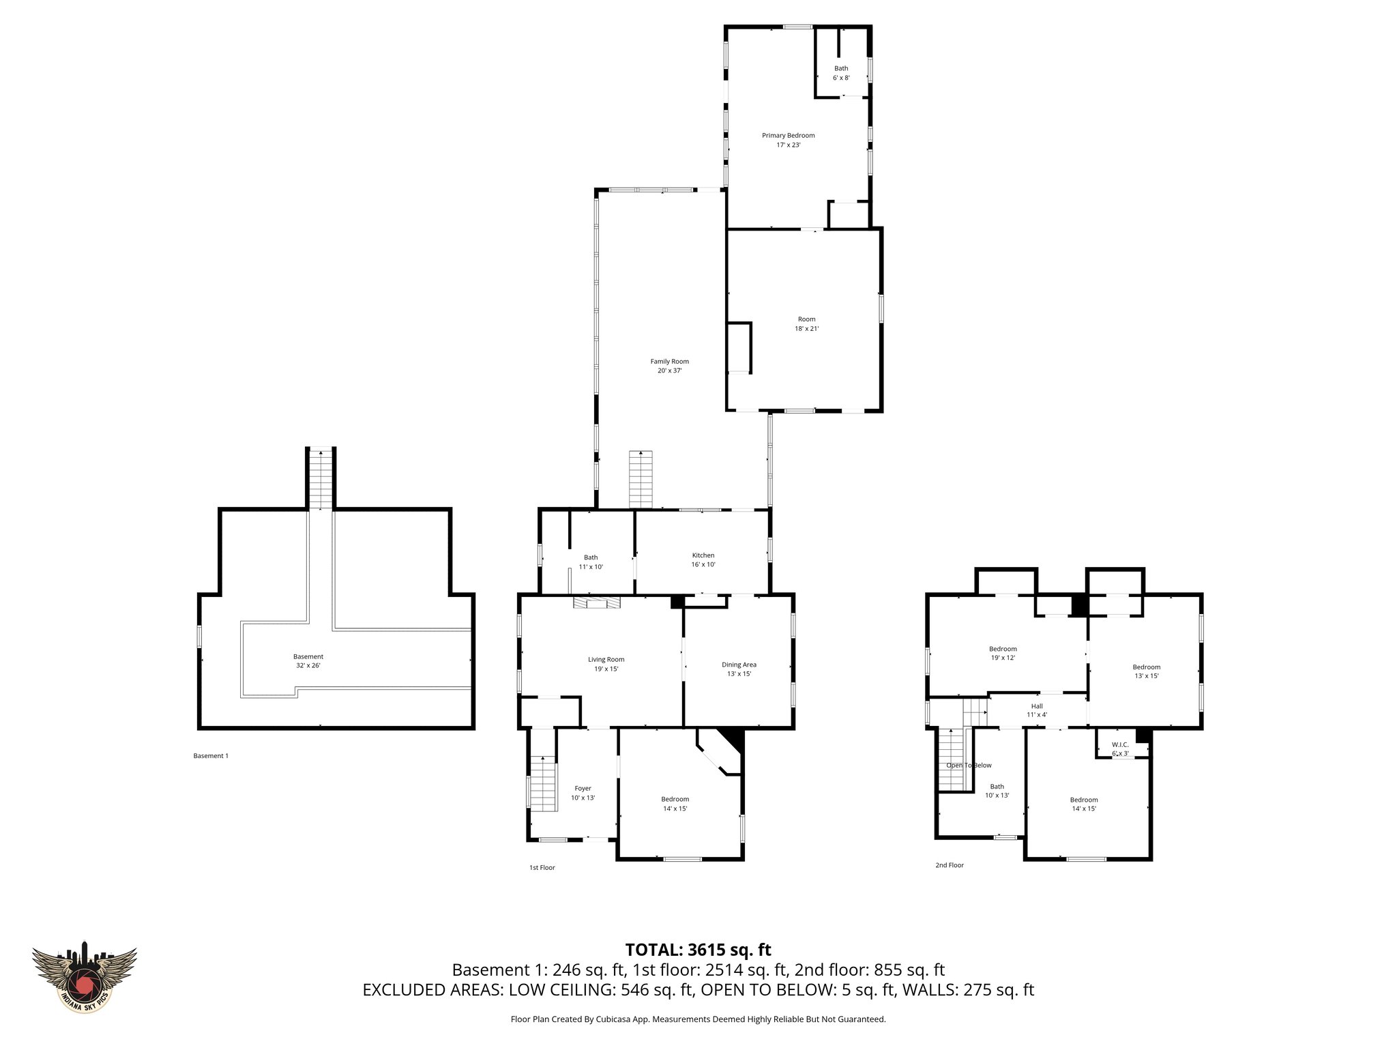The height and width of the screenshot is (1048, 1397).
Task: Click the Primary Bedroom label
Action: [x=788, y=140]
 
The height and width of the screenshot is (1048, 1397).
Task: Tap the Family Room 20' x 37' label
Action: [x=669, y=366]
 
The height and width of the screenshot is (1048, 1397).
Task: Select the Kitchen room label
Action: [x=703, y=559]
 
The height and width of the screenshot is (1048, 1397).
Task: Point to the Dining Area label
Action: [x=739, y=669]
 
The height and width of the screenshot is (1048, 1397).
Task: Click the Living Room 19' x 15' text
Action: [x=606, y=664]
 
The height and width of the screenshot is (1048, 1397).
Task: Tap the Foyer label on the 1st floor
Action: [x=583, y=793]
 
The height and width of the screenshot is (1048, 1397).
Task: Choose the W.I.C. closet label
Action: [x=1120, y=748]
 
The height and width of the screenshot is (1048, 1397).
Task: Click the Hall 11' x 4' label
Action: [x=1037, y=710]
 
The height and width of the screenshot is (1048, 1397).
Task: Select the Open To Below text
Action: [x=969, y=766]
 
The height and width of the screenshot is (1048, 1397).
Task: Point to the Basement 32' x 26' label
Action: [x=308, y=660]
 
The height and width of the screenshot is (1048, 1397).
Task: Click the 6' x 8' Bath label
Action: [x=841, y=73]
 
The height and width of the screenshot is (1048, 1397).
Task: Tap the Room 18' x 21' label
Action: [x=806, y=323]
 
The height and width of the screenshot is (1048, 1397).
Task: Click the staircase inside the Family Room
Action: [x=641, y=478]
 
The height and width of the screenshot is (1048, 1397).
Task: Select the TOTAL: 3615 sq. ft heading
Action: [x=698, y=950]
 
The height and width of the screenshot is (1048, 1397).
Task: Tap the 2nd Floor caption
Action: [x=949, y=865]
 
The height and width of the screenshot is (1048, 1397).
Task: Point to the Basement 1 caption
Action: [x=211, y=755]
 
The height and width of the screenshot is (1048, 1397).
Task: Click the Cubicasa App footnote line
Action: [x=698, y=1019]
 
